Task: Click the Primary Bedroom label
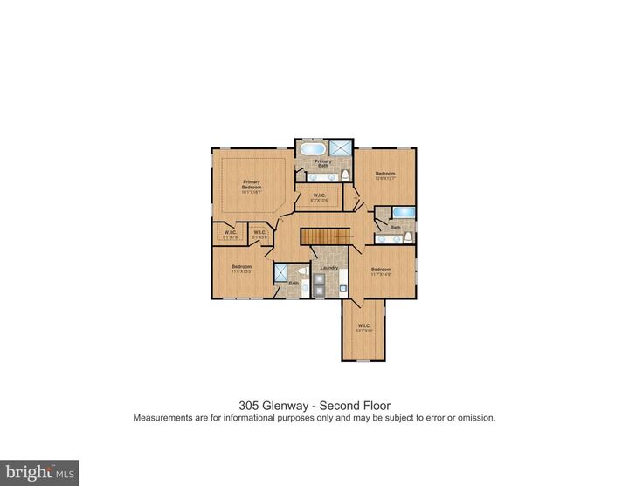pos(252,186)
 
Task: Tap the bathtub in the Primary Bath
pos(311,148)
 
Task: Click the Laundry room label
pos(328,268)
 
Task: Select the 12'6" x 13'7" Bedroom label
pos(385,175)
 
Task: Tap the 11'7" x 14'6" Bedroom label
pos(381,271)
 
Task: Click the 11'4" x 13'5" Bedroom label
pos(241,268)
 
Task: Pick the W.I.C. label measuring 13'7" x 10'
pos(363,329)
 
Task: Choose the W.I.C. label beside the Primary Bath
pos(320,197)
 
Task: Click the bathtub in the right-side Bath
pos(404,212)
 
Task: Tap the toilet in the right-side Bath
pos(381,237)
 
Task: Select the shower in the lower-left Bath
pos(282,273)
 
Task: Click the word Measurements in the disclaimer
pos(163,418)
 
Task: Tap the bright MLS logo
pos(39,473)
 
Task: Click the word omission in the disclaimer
pos(476,418)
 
